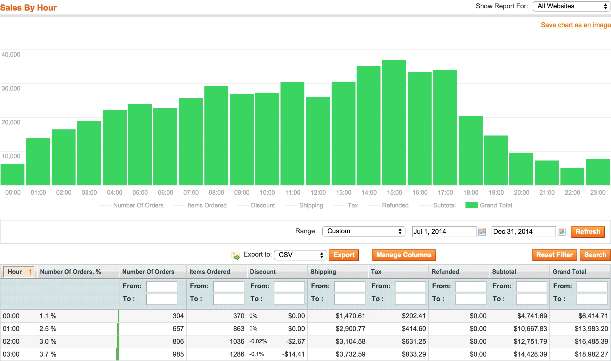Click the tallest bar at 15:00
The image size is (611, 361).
click(x=394, y=122)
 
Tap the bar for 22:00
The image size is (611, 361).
click(x=572, y=176)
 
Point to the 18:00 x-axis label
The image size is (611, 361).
click(x=471, y=192)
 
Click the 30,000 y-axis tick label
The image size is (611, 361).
click(x=11, y=88)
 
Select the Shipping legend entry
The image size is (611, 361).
click(x=311, y=205)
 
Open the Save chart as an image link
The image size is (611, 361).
click(x=575, y=25)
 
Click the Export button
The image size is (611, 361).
click(x=344, y=255)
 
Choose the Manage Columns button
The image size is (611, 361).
click(x=404, y=255)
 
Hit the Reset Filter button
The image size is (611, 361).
click(x=554, y=255)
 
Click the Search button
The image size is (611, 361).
click(x=595, y=255)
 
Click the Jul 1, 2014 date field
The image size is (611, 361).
click(x=444, y=232)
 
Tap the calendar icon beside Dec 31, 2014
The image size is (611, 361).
click(x=562, y=232)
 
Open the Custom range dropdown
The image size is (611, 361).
click(x=364, y=231)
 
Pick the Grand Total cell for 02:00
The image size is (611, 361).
click(x=591, y=341)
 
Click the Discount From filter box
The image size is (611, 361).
click(x=289, y=286)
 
